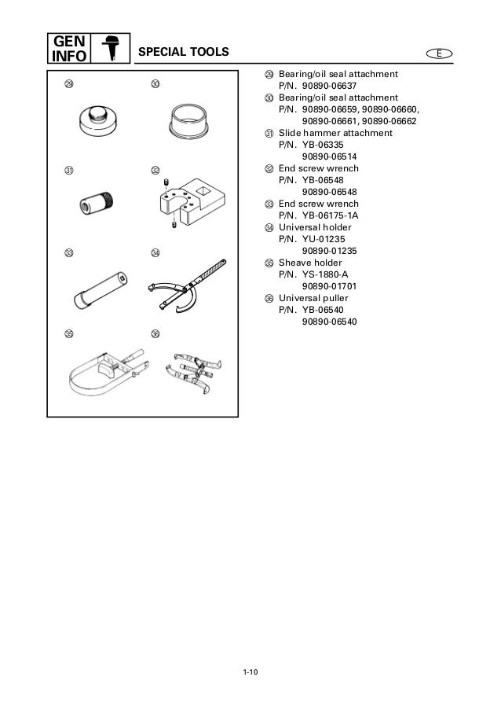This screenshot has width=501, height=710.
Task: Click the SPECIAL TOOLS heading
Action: pyautogui.click(x=183, y=53)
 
